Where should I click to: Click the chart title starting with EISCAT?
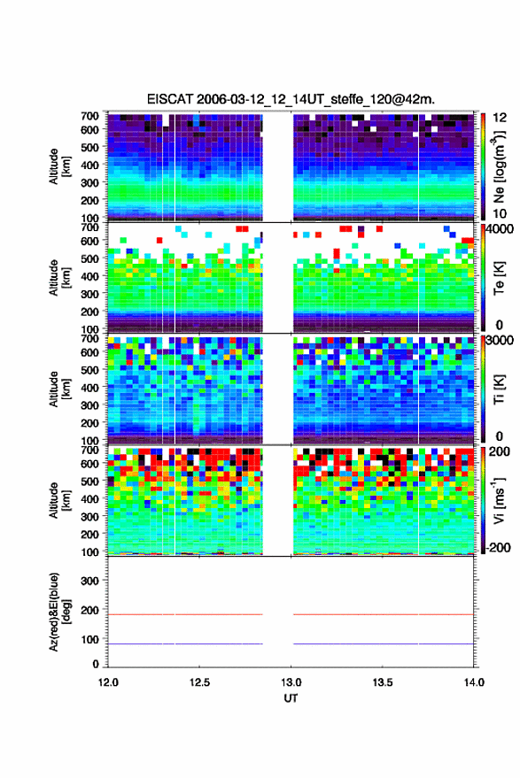click(291, 99)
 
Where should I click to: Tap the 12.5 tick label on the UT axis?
click(199, 682)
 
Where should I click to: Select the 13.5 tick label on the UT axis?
click(383, 682)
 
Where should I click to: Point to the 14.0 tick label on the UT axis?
click(474, 682)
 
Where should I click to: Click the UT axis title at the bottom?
click(291, 698)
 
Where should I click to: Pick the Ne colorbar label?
click(499, 167)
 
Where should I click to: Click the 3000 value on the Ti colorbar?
click(499, 341)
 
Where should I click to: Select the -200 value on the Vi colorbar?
click(498, 547)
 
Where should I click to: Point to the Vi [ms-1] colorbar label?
click(499, 500)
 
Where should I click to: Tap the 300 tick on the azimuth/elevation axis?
click(89, 581)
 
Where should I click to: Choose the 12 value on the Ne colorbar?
click(500, 118)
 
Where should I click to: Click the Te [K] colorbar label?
click(499, 278)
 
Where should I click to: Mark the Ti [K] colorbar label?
click(499, 389)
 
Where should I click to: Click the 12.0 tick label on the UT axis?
click(108, 682)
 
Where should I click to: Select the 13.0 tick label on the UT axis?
click(291, 682)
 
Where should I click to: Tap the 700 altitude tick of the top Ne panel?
click(89, 116)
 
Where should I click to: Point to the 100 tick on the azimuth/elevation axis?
click(89, 640)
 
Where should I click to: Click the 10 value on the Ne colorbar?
click(500, 214)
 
